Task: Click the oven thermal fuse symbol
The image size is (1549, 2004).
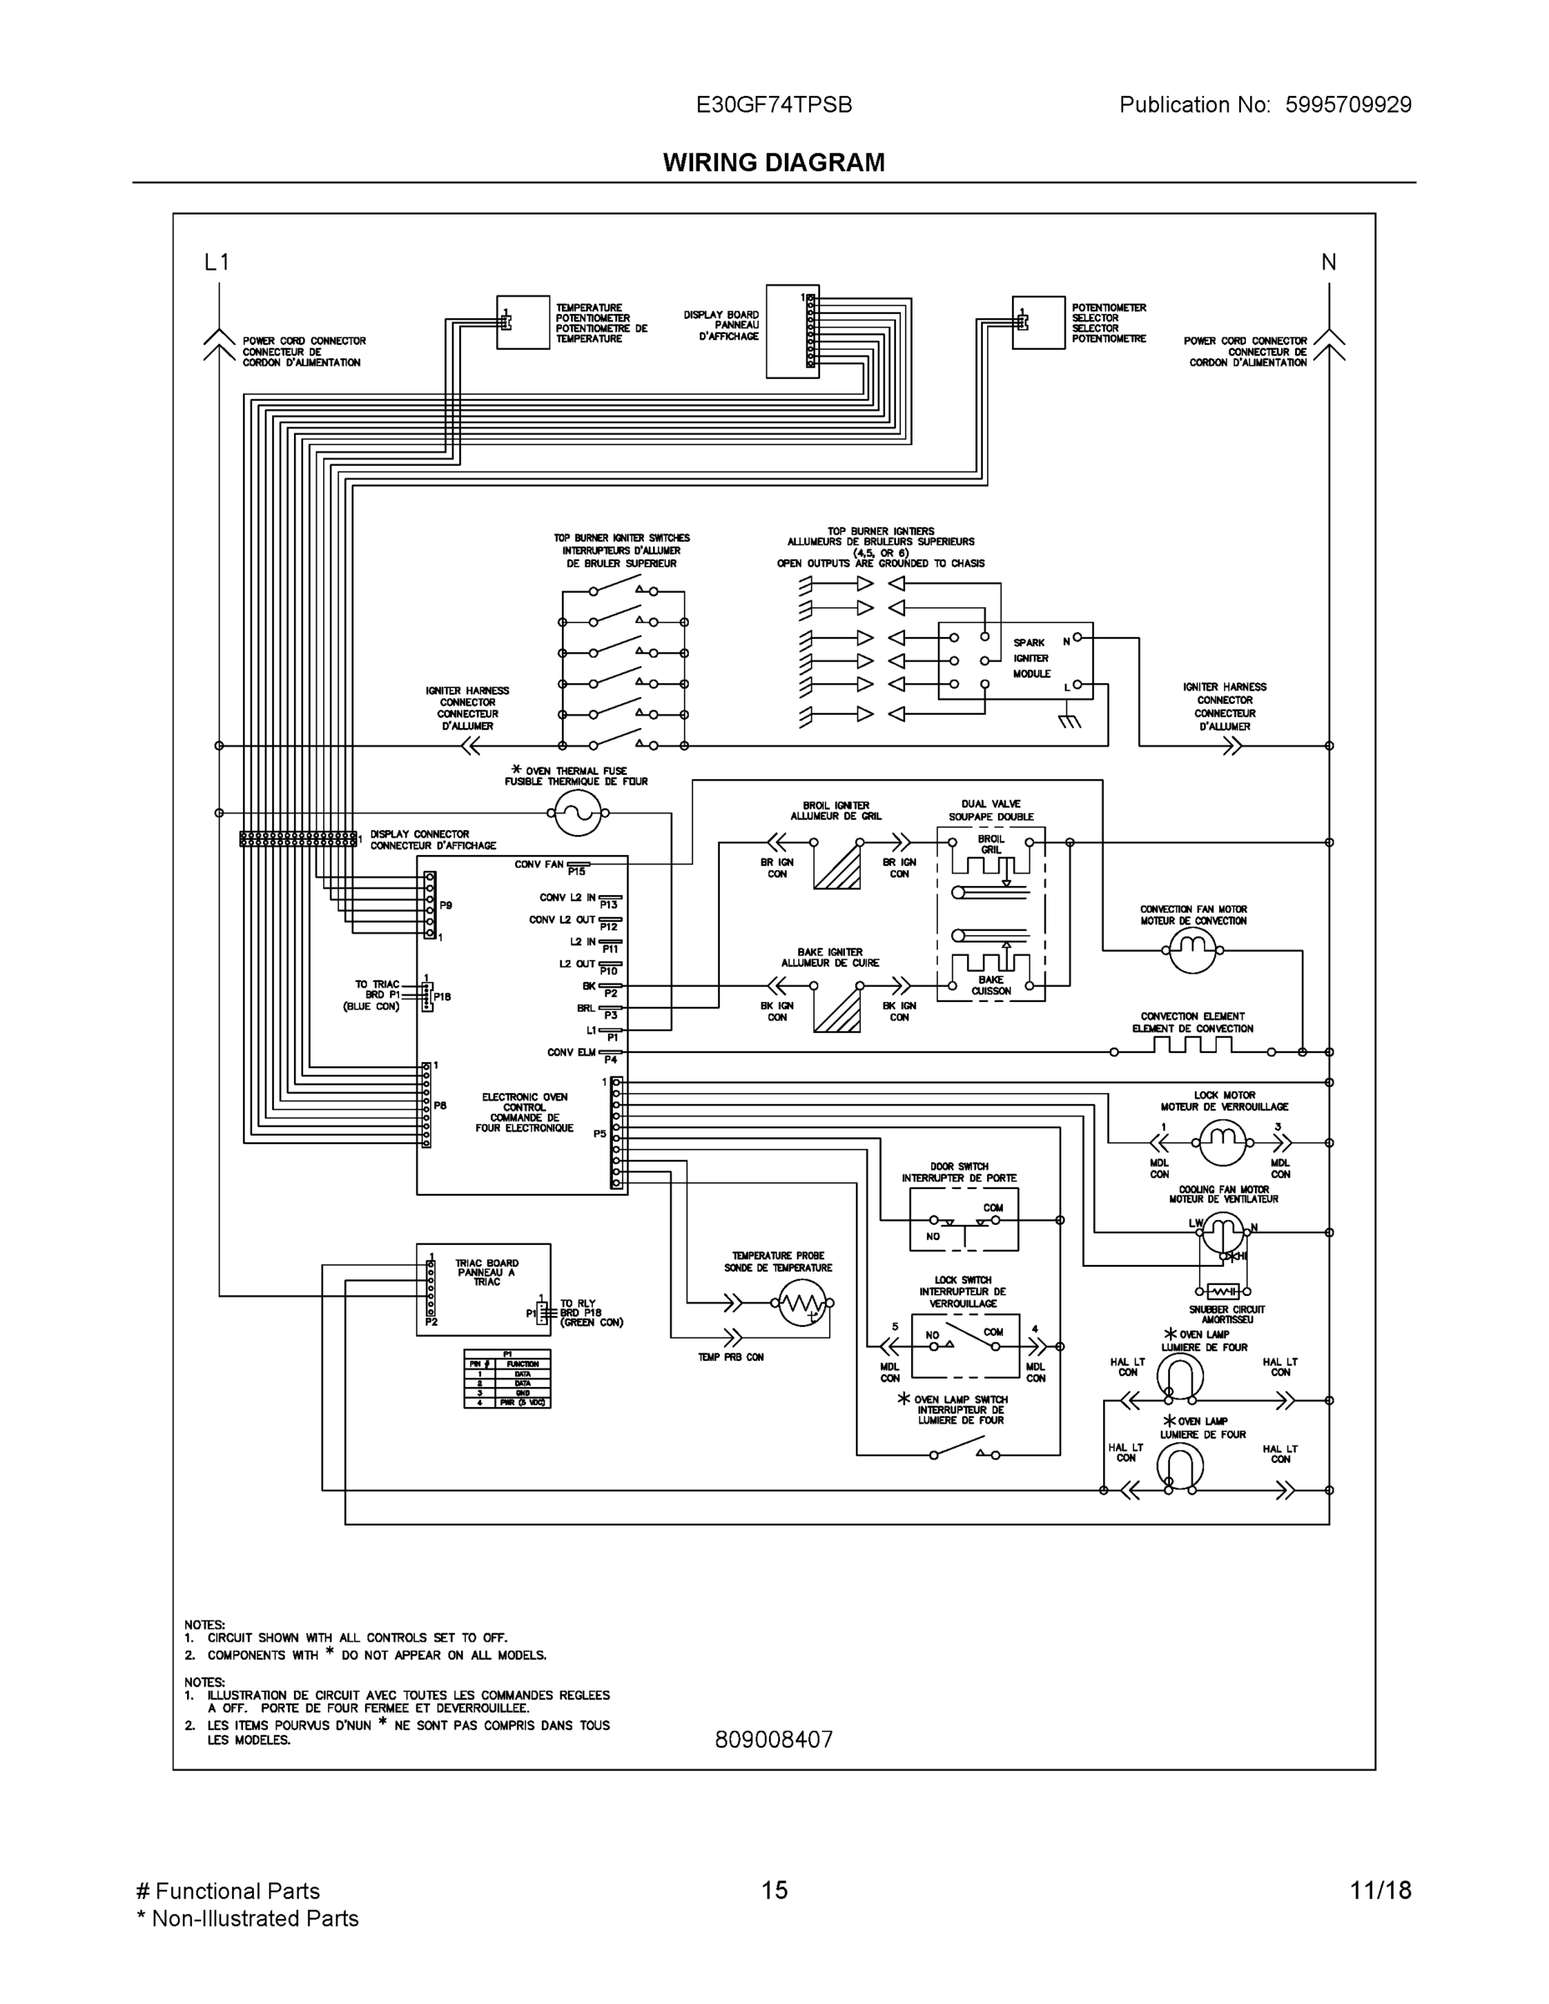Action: (x=578, y=812)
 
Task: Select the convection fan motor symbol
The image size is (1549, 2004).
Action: (x=1192, y=950)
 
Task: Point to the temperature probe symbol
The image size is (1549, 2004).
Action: (x=803, y=1303)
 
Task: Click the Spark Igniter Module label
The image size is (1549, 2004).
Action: (x=1031, y=658)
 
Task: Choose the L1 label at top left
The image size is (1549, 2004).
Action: (x=216, y=262)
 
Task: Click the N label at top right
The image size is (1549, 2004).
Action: (x=1328, y=262)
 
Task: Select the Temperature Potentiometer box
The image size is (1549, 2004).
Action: (x=523, y=322)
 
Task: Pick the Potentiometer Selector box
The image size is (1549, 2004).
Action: (x=1038, y=322)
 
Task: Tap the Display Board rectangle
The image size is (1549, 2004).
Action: (x=792, y=331)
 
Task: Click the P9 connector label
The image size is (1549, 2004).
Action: (x=445, y=905)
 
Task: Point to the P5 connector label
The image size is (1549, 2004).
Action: (x=600, y=1134)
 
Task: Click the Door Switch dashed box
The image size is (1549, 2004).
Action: (x=964, y=1219)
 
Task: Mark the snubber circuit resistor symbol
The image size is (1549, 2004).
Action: (x=1223, y=1291)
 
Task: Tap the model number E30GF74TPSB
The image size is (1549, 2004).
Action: (x=773, y=105)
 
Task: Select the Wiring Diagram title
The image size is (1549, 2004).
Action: (x=773, y=163)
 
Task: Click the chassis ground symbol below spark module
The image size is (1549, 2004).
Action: (x=1069, y=721)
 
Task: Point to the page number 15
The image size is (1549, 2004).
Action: (x=773, y=1890)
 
